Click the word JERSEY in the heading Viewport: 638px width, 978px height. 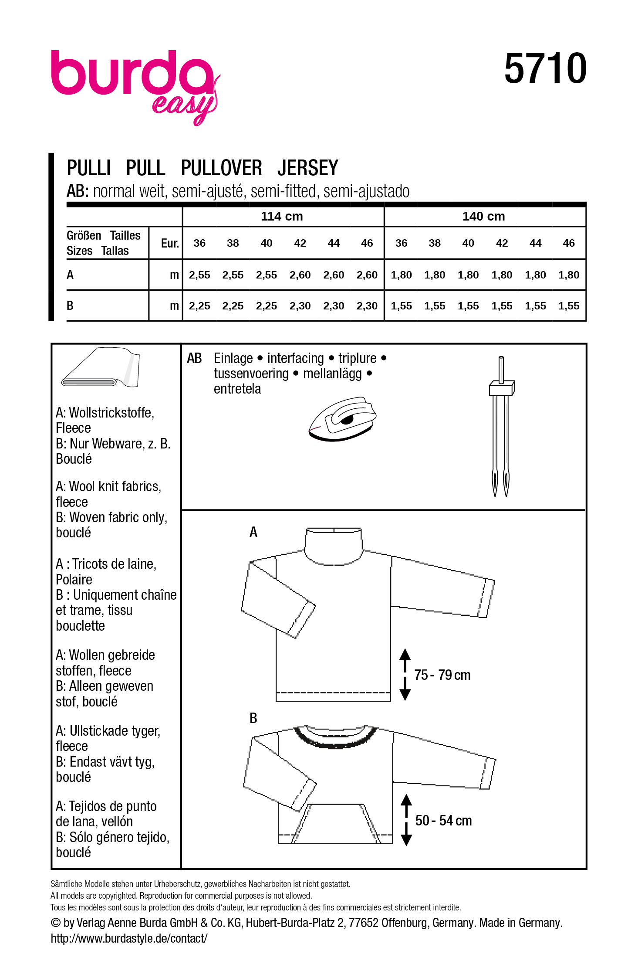coord(307,168)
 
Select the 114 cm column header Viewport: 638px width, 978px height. coord(282,216)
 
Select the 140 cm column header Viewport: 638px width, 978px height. coord(483,216)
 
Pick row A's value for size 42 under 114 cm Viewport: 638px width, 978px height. coord(300,275)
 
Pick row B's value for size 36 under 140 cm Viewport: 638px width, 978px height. coord(401,306)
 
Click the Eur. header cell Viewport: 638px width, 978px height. coord(170,243)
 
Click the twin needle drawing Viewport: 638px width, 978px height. coord(501,427)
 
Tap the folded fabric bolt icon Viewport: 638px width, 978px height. coord(101,367)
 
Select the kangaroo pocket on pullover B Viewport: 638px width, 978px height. coord(335,824)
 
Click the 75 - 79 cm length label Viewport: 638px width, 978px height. coord(442,675)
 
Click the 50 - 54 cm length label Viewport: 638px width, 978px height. coord(443,821)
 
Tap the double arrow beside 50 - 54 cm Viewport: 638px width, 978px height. coord(406,820)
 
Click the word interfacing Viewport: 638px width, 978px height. coord(295,358)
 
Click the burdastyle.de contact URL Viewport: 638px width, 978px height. coord(129,938)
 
